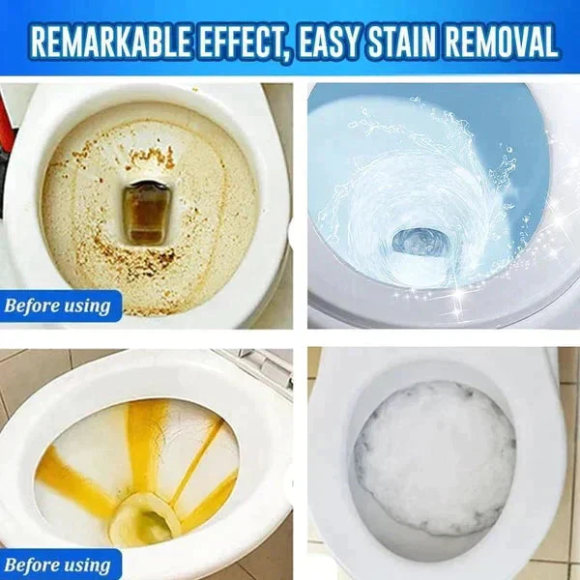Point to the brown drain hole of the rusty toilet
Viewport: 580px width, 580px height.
coord(144,214)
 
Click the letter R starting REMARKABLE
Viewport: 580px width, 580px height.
coord(40,42)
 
